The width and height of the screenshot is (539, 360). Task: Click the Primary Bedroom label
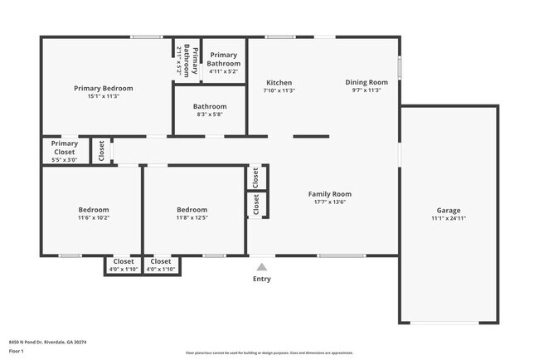coord(104,88)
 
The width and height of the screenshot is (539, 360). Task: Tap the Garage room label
coord(449,211)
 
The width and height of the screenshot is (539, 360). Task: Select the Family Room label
coord(330,194)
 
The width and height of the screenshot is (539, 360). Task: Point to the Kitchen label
coord(279,82)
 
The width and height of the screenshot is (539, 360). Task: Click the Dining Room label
coord(367,82)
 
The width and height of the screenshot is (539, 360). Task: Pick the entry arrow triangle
coord(262,267)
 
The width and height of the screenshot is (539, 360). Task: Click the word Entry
coord(262,279)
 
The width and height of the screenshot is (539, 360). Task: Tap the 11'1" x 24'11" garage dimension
coord(449,220)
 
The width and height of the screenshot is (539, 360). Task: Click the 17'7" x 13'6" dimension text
coord(330,202)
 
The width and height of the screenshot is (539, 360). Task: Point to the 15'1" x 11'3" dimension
coord(104,96)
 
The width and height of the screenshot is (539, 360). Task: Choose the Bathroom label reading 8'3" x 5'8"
coord(210,106)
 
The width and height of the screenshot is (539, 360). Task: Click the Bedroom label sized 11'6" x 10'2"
coord(94,210)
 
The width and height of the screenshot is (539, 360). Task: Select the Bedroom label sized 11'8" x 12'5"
coord(192,210)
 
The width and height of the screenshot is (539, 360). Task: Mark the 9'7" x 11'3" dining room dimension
coord(367,90)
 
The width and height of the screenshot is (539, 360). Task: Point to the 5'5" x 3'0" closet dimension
coord(64,160)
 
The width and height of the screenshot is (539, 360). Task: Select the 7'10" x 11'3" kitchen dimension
coord(279,90)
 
